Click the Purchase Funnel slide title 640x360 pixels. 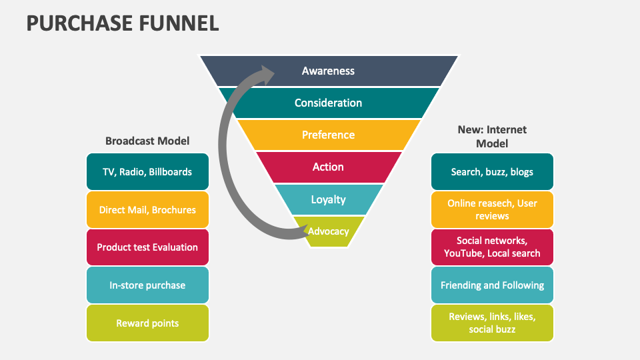[x=123, y=23]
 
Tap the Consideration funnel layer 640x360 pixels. [x=329, y=103]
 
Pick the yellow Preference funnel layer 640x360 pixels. [x=329, y=135]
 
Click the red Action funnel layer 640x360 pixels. [x=329, y=167]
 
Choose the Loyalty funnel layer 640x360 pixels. [x=329, y=199]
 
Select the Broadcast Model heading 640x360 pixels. [x=147, y=141]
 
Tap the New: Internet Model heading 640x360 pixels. [x=492, y=136]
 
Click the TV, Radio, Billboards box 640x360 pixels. [x=147, y=171]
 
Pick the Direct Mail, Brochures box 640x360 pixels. [x=147, y=209]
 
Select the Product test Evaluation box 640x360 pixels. [x=147, y=247]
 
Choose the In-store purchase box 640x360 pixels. [x=147, y=285]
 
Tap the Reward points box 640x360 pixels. [x=147, y=323]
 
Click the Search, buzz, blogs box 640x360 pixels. [x=492, y=171]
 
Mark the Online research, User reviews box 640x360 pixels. [x=492, y=209]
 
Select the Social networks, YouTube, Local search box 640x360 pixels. [x=492, y=247]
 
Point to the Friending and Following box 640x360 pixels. [x=492, y=285]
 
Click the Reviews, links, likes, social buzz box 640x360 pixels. [x=492, y=323]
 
